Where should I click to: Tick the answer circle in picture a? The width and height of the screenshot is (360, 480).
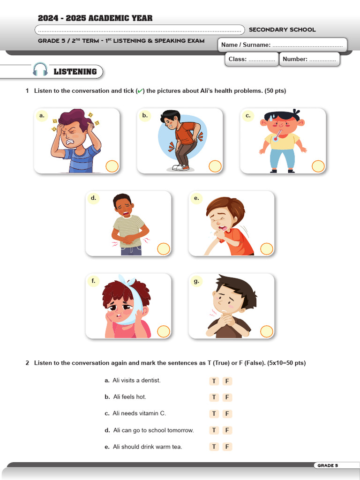[x=112, y=166]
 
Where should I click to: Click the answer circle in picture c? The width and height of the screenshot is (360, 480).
[x=318, y=166]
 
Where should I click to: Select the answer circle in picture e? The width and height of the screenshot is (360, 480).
[x=266, y=249]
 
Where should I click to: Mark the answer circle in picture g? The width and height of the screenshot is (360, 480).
[x=266, y=331]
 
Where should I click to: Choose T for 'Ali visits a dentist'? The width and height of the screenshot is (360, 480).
[x=214, y=381]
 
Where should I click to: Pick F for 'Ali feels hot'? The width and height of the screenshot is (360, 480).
[x=227, y=397]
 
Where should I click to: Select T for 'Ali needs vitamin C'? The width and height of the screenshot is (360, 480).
[x=214, y=414]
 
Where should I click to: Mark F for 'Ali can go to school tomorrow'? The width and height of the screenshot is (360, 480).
[x=227, y=430]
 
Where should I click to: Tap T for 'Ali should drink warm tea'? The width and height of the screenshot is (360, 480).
[x=214, y=447]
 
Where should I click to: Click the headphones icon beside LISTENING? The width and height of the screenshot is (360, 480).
[x=40, y=70]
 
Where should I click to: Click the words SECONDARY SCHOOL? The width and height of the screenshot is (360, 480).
[x=282, y=30]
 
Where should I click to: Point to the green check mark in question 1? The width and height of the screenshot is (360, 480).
[x=139, y=91]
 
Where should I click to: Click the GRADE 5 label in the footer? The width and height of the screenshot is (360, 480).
[x=327, y=465]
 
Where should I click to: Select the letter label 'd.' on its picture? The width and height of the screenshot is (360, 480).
[x=93, y=198]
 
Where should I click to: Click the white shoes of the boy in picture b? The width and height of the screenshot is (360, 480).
[x=179, y=167]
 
